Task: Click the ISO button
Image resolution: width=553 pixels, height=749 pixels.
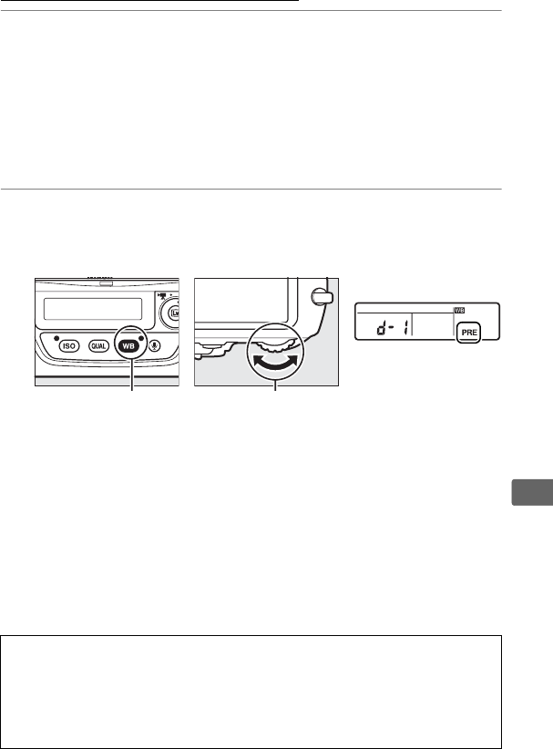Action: (x=69, y=346)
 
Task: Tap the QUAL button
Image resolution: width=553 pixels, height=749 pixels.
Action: (x=100, y=346)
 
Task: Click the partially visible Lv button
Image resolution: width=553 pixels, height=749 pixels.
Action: (x=173, y=314)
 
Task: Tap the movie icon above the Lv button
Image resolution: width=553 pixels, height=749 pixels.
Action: (x=163, y=297)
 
